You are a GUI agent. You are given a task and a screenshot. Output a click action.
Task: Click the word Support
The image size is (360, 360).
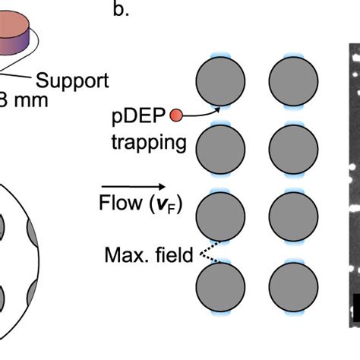pos(73,79)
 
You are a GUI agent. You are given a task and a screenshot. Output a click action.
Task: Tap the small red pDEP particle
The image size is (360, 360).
pos(176,115)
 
